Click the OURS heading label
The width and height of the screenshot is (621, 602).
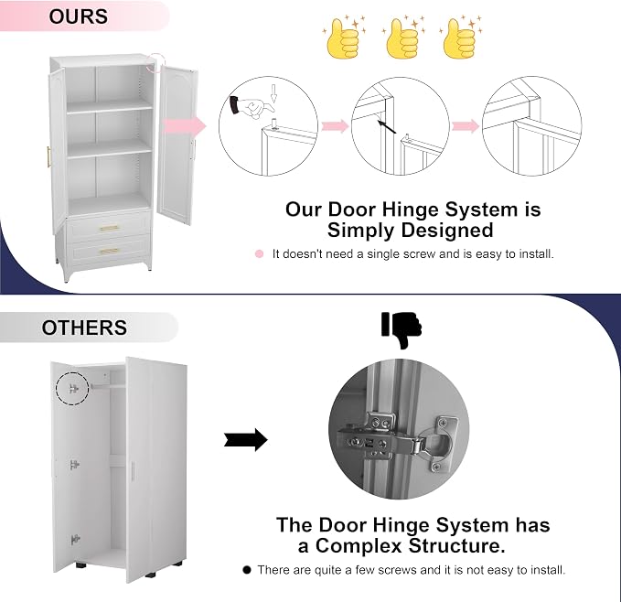[x=78, y=16]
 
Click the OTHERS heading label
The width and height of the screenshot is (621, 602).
[x=84, y=328]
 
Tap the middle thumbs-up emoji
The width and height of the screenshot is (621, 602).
[x=402, y=38]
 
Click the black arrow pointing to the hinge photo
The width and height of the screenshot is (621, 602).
[x=246, y=439]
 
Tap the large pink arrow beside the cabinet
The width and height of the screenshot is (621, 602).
[x=184, y=127]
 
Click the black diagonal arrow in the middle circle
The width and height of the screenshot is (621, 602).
[x=387, y=127]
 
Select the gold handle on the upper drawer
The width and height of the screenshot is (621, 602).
[x=109, y=228]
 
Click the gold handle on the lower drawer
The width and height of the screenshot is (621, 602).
[x=109, y=251]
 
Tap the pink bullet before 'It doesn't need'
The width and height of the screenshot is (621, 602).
[x=259, y=253]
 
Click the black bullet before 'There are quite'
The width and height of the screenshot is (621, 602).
[x=247, y=570]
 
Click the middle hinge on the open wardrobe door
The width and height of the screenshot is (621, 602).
[x=74, y=465]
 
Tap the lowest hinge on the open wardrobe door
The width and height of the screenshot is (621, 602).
[x=75, y=540]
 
